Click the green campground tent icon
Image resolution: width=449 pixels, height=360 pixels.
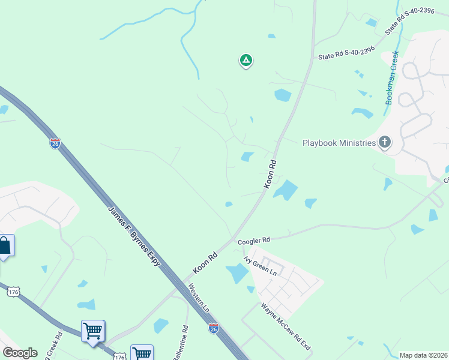246,60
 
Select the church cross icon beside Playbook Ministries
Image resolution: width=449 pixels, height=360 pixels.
385,142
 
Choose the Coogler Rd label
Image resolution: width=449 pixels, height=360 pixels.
254,240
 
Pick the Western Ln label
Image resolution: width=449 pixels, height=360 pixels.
199,297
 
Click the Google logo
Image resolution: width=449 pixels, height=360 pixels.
20,353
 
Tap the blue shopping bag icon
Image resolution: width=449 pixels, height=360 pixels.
5,245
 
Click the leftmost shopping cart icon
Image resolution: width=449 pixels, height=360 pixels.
93,330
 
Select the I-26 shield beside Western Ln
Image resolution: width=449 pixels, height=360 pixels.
214,328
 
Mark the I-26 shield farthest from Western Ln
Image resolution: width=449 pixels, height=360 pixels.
55,143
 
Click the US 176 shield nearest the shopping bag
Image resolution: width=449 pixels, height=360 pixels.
13,292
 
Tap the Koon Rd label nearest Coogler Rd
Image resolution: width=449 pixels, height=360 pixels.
205,262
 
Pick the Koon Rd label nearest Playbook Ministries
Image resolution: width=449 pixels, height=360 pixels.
270,174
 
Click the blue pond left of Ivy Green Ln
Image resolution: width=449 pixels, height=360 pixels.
238,274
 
